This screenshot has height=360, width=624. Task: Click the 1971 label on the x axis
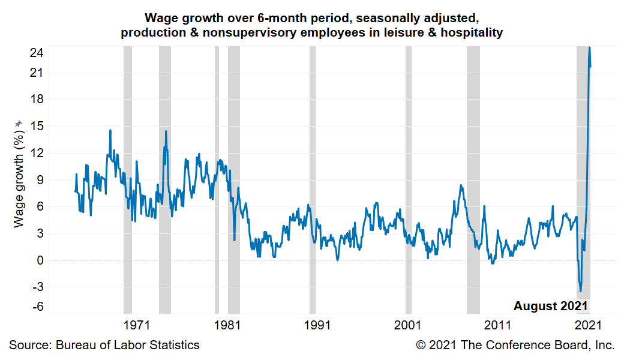tap(136, 325)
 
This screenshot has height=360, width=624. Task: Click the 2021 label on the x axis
tap(589, 325)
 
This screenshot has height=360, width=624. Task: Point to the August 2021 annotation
tap(550, 306)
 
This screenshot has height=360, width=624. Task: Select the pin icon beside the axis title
tap(19, 123)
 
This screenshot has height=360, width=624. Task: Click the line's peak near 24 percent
tap(590, 48)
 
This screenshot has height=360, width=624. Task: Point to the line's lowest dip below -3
tap(580, 291)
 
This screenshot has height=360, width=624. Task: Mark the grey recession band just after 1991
tap(313, 180)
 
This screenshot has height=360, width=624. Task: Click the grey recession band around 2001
tap(409, 180)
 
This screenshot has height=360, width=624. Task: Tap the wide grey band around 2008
tap(473, 180)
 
